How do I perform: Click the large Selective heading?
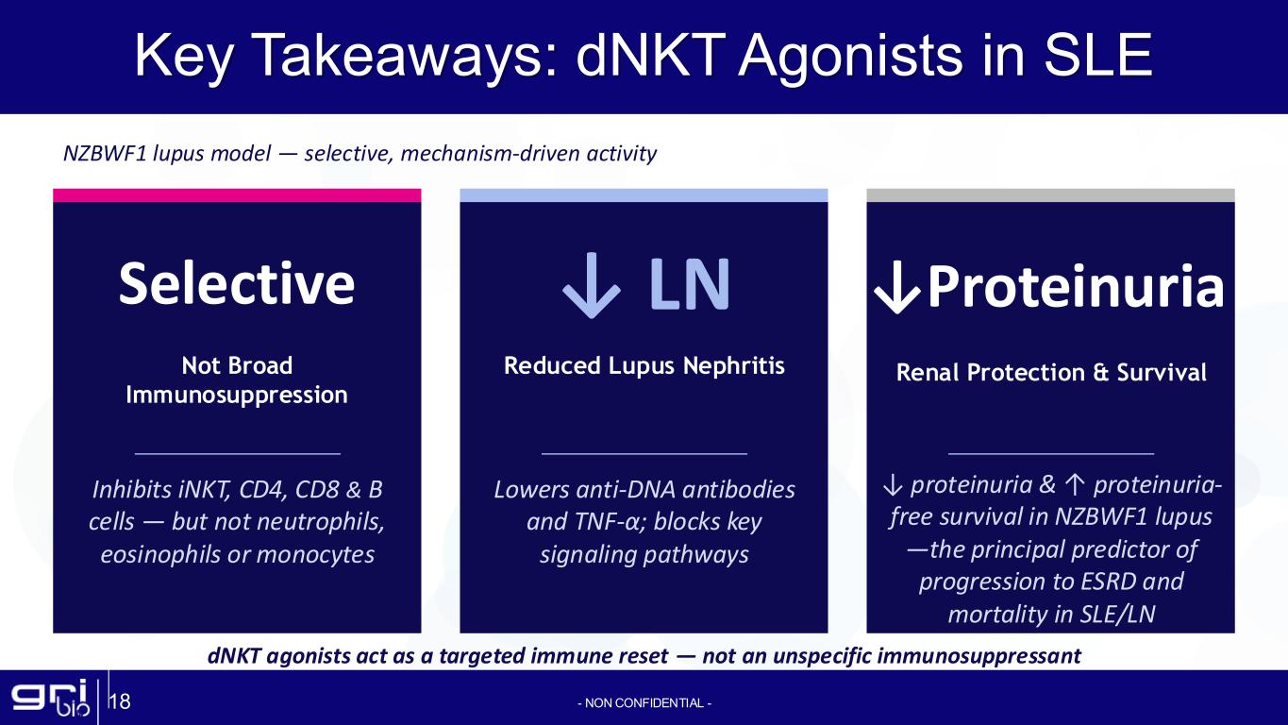tap(236, 283)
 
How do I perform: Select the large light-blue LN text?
tap(690, 284)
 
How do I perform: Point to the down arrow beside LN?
tap(591, 285)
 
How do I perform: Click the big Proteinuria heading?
tap(1076, 286)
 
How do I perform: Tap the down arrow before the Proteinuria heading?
tap(897, 288)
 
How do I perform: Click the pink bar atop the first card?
tap(237, 195)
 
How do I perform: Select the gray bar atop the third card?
tap(1050, 195)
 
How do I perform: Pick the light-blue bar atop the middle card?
tap(644, 195)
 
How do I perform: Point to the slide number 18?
tap(120, 702)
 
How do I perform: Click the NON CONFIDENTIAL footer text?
tap(644, 703)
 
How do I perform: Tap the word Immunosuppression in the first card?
tap(236, 396)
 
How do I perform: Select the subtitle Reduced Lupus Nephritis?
tap(644, 366)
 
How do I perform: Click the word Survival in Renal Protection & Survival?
tap(1162, 372)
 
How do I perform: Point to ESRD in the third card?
tap(1108, 582)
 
